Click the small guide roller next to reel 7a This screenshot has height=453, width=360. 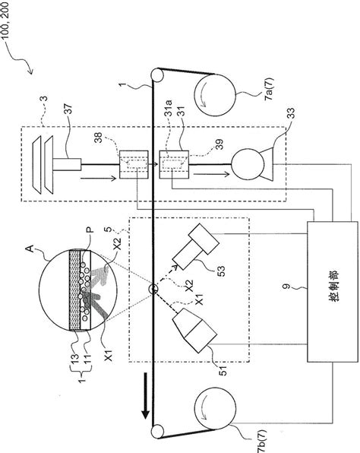coord(157,76)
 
